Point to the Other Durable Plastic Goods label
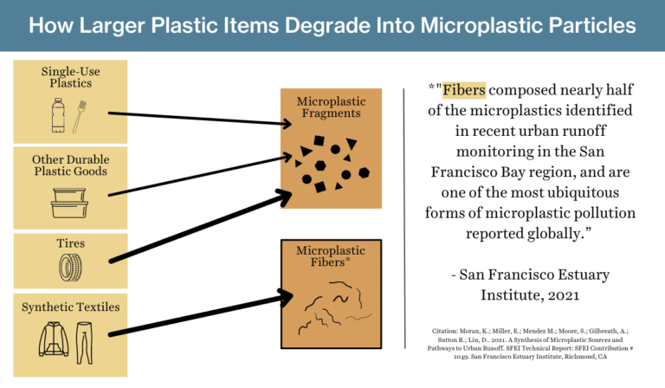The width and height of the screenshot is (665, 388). point(70,165)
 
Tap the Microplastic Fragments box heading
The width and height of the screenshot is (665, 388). point(329,107)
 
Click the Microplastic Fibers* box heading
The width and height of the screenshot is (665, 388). point(329,256)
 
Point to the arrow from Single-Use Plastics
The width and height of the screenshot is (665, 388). point(199,119)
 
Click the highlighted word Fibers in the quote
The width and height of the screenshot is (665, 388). point(464,89)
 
